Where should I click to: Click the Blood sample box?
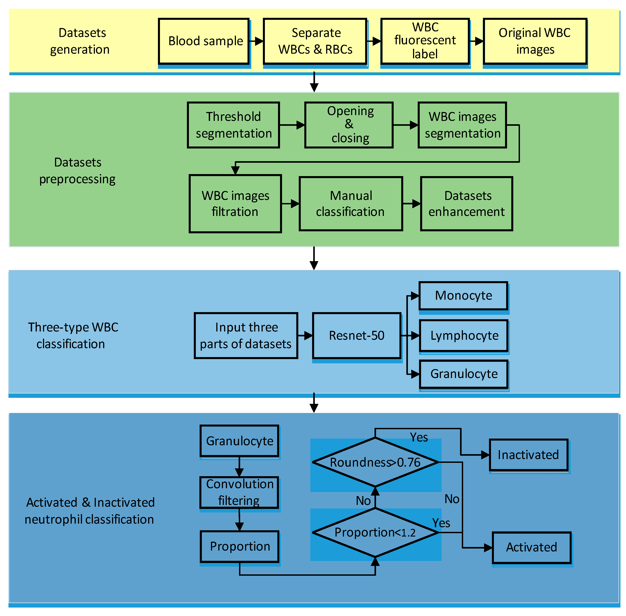click(204, 41)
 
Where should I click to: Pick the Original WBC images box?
click(535, 41)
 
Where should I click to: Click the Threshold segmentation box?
click(233, 125)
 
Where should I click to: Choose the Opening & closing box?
click(349, 125)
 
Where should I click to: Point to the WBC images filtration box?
click(235, 203)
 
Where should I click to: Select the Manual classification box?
click(351, 203)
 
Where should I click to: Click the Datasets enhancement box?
click(466, 203)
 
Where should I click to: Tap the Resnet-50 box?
click(357, 335)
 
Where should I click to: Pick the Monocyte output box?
click(463, 295)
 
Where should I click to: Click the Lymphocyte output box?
click(464, 335)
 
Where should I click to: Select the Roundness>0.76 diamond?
click(375, 462)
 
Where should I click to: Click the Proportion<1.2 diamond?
click(375, 533)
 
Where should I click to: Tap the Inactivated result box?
click(528, 455)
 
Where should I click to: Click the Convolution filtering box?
click(239, 492)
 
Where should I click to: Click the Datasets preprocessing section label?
click(77, 171)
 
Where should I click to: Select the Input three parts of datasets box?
click(246, 335)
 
